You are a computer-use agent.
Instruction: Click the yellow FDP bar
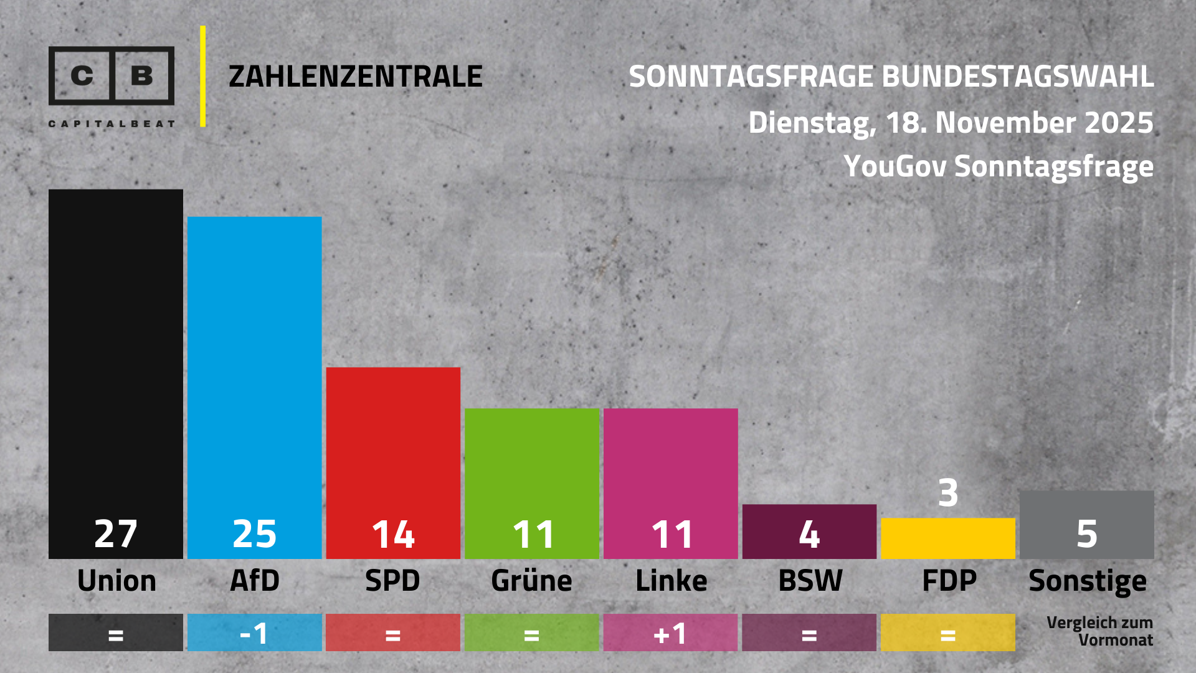[948, 538]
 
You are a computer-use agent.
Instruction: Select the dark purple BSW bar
[809, 531]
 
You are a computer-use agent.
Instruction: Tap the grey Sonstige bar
[1086, 525]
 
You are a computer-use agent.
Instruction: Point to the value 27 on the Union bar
[116, 534]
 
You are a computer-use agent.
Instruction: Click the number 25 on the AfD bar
[254, 534]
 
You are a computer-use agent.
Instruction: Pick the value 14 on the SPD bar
[393, 535]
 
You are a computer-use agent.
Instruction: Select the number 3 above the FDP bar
[948, 493]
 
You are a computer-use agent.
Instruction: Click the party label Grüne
[531, 581]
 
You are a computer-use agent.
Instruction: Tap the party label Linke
[671, 581]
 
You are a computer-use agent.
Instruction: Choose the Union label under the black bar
[116, 581]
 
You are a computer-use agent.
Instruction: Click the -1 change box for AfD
[254, 633]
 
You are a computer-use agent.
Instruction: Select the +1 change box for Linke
[670, 633]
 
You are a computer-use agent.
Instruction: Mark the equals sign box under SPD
[393, 633]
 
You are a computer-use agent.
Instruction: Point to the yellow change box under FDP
[948, 633]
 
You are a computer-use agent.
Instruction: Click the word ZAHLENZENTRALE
[356, 77]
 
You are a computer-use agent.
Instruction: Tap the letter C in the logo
[82, 75]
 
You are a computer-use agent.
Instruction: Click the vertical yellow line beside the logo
[203, 76]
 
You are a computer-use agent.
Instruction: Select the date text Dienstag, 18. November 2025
[951, 122]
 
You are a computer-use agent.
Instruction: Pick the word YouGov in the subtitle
[895, 166]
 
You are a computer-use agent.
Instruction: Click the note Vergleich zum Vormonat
[1100, 631]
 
